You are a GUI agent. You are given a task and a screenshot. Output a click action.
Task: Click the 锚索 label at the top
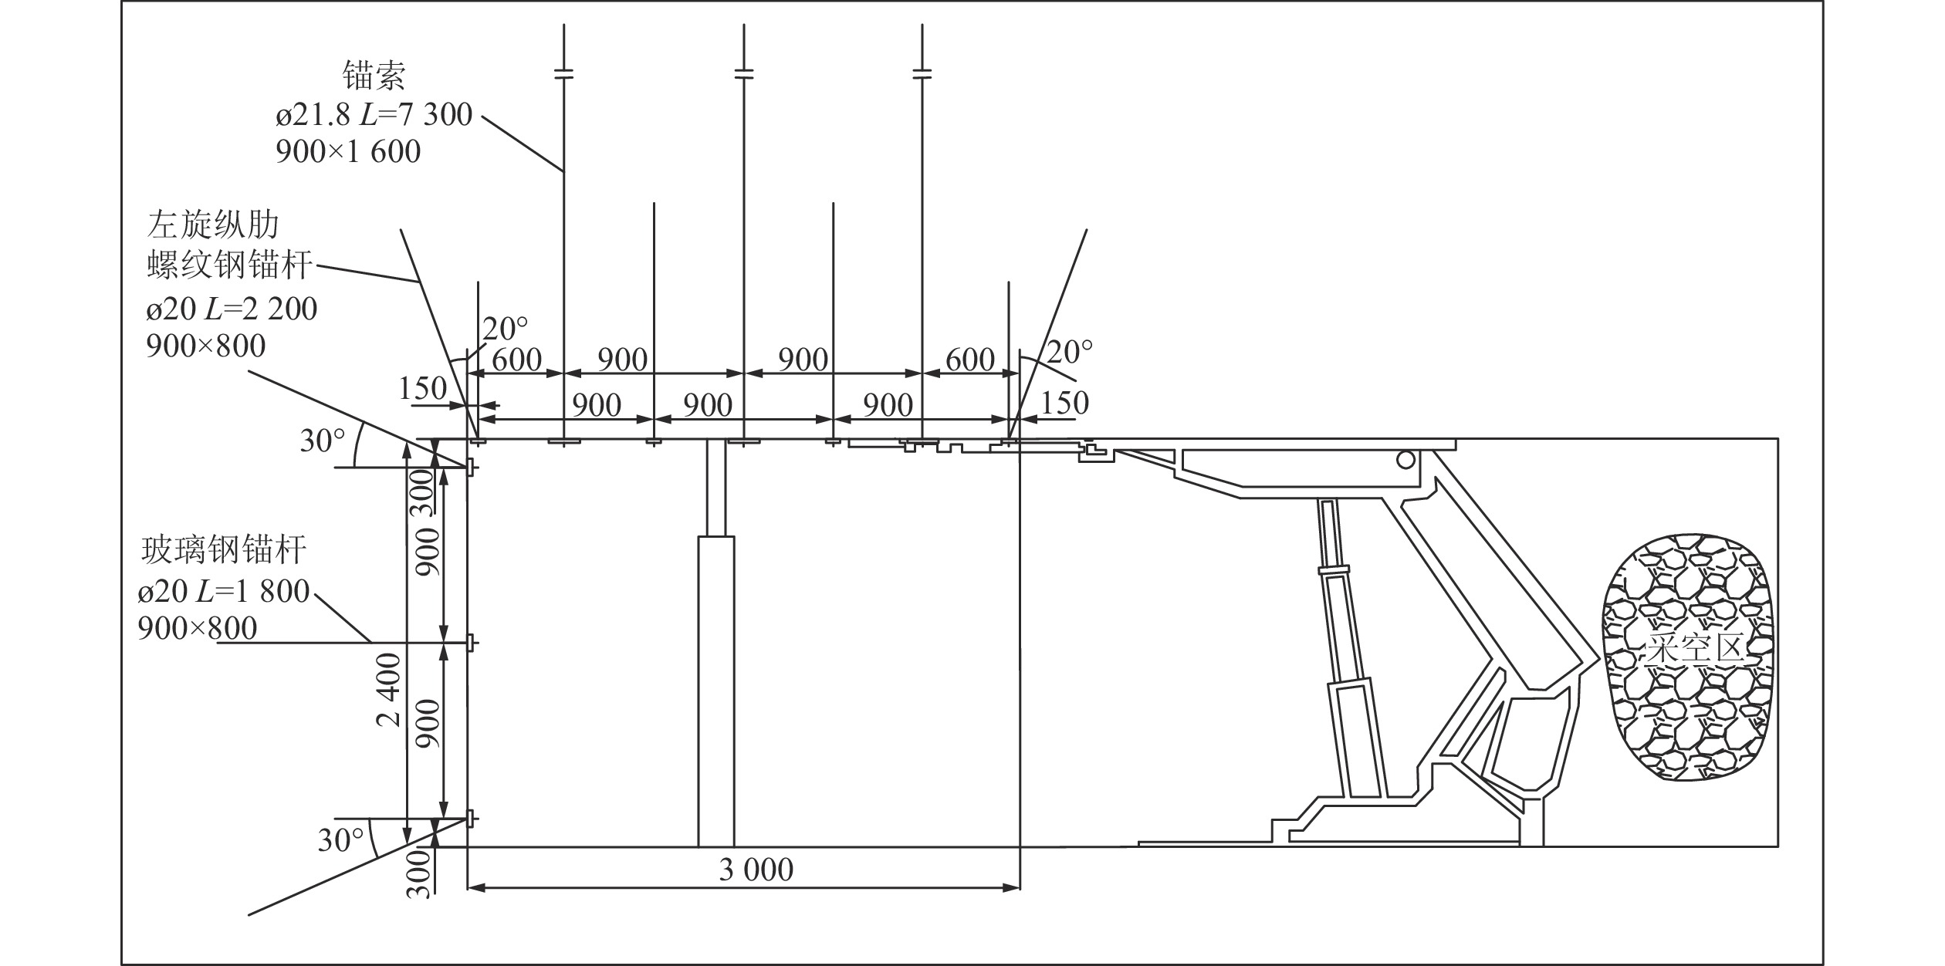(374, 76)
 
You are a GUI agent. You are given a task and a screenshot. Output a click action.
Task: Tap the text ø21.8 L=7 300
(374, 115)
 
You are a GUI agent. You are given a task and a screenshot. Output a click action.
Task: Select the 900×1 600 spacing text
(348, 151)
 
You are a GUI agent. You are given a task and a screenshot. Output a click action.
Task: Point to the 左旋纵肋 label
(213, 225)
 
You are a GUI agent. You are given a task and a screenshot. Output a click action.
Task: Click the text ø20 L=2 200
(232, 309)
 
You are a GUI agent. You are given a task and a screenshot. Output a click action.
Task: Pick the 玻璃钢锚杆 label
(225, 550)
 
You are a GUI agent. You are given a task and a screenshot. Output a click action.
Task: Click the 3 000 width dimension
(756, 870)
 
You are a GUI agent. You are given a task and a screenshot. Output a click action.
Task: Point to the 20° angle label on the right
(1070, 353)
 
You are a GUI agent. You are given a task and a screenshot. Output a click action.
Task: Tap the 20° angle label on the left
(506, 329)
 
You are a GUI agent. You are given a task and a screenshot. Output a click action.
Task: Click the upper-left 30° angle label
(323, 441)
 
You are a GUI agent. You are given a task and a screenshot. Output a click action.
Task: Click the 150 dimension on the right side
(1064, 403)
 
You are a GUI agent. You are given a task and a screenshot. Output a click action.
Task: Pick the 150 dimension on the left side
(423, 388)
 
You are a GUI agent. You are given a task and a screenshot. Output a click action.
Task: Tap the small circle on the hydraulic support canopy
(1405, 460)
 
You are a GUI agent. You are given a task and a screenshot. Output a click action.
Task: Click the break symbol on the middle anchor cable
(743, 74)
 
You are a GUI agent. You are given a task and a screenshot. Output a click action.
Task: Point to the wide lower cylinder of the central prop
(716, 691)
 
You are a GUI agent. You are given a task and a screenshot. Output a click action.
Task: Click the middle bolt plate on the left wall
(470, 642)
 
